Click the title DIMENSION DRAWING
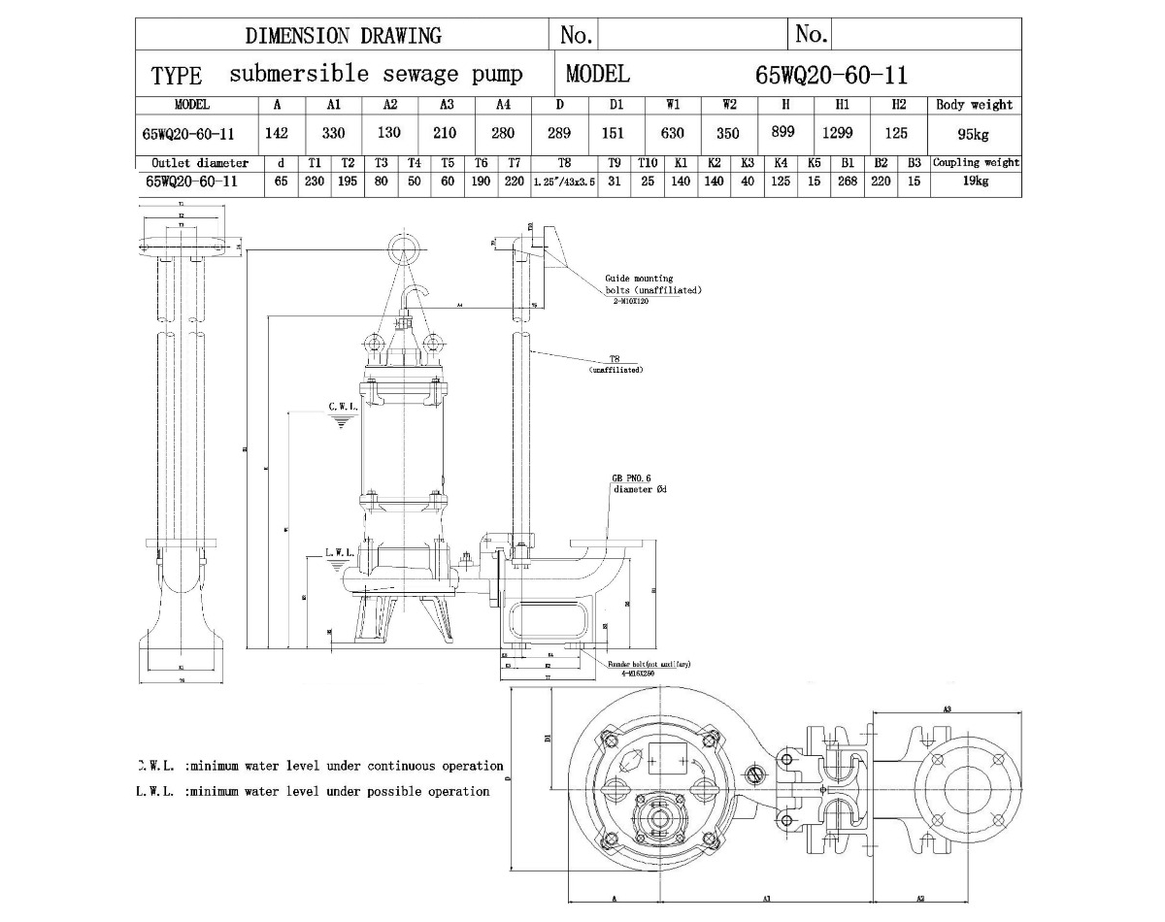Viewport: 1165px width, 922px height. (343, 36)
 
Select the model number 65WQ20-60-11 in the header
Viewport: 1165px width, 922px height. (831, 75)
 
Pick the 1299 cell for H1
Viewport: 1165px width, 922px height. (837, 133)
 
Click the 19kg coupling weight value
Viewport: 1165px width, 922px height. (975, 181)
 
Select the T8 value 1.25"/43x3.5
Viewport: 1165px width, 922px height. (564, 181)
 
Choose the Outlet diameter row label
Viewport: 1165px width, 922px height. (200, 163)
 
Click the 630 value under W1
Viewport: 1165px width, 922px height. (672, 133)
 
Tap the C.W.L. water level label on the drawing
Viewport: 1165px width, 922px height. (343, 407)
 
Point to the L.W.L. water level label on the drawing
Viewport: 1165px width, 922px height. (339, 551)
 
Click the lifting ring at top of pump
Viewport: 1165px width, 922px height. (404, 249)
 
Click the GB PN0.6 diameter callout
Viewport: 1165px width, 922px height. (638, 484)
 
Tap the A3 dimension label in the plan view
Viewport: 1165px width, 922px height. (946, 709)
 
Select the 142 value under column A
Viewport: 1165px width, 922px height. (277, 134)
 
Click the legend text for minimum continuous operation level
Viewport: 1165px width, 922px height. (320, 766)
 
